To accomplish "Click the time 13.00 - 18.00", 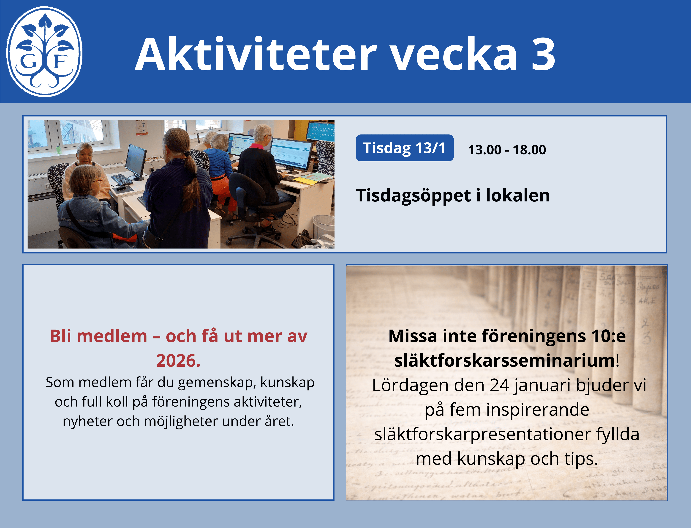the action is pos(507,150).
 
